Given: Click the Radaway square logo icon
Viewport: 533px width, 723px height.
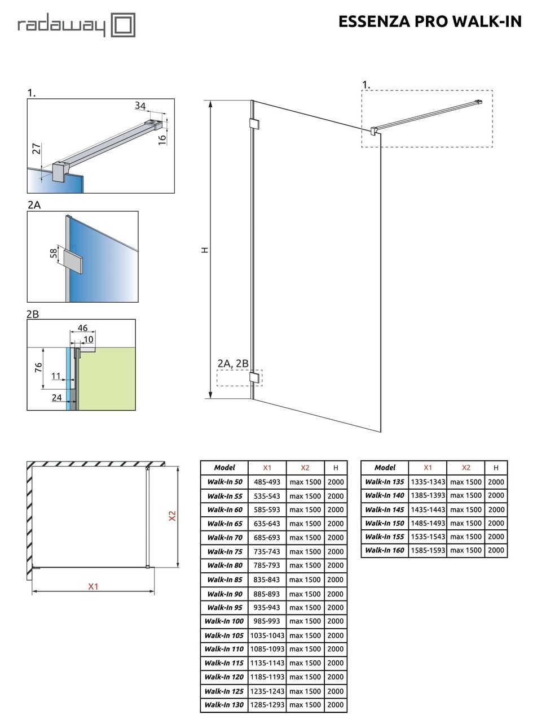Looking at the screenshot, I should click(122, 25).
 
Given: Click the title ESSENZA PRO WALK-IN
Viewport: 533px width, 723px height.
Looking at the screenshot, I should click(430, 21).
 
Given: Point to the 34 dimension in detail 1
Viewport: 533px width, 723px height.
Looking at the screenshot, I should click(140, 106).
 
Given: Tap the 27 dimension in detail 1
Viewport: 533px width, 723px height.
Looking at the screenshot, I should click(36, 149).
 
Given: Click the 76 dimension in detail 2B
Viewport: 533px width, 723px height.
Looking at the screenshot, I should click(38, 367).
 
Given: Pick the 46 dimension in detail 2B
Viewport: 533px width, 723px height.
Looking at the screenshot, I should click(82, 328).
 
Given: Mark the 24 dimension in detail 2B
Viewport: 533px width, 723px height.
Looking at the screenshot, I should click(57, 398).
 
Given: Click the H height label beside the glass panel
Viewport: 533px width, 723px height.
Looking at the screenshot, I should click(205, 250).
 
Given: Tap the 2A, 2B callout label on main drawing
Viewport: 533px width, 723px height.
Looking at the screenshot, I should click(233, 364).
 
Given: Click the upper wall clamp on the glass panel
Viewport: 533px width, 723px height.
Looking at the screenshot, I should click(254, 124).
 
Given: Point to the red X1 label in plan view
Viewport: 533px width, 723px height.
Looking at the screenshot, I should click(93, 586).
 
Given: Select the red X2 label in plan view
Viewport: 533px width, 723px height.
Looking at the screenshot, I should click(173, 516).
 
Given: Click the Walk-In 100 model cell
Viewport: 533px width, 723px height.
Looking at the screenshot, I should click(224, 621).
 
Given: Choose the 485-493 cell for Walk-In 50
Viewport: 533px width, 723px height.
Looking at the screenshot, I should click(267, 482).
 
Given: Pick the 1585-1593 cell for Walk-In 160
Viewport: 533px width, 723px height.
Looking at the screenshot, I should click(428, 550).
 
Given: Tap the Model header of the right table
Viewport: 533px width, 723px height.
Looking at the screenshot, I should click(385, 468).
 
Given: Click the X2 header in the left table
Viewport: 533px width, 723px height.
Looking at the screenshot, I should click(305, 468).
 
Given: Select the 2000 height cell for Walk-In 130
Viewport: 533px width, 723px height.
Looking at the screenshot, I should click(336, 705).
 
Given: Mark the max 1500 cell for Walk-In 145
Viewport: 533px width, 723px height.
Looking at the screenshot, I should click(465, 509).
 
